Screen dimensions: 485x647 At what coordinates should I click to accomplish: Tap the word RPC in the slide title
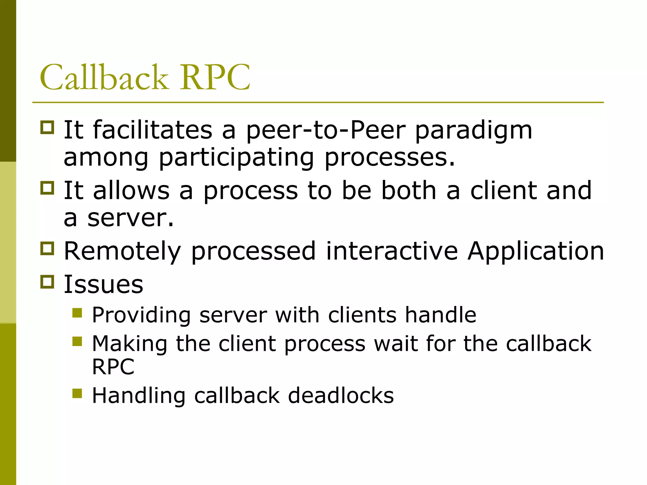click(215, 77)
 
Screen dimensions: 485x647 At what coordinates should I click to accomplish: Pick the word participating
click(236, 158)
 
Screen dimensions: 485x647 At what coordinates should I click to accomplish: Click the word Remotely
click(123, 251)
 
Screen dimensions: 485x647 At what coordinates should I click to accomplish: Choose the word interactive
click(392, 251)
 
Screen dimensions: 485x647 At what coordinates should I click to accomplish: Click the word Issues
click(104, 284)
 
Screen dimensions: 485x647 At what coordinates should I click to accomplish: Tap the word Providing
click(141, 315)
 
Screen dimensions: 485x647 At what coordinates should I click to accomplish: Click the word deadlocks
click(341, 395)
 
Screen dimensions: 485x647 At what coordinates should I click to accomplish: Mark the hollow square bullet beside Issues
click(47, 282)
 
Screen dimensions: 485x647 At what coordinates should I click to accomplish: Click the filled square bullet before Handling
click(77, 393)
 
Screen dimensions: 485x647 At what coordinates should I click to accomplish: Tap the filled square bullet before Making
click(77, 341)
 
